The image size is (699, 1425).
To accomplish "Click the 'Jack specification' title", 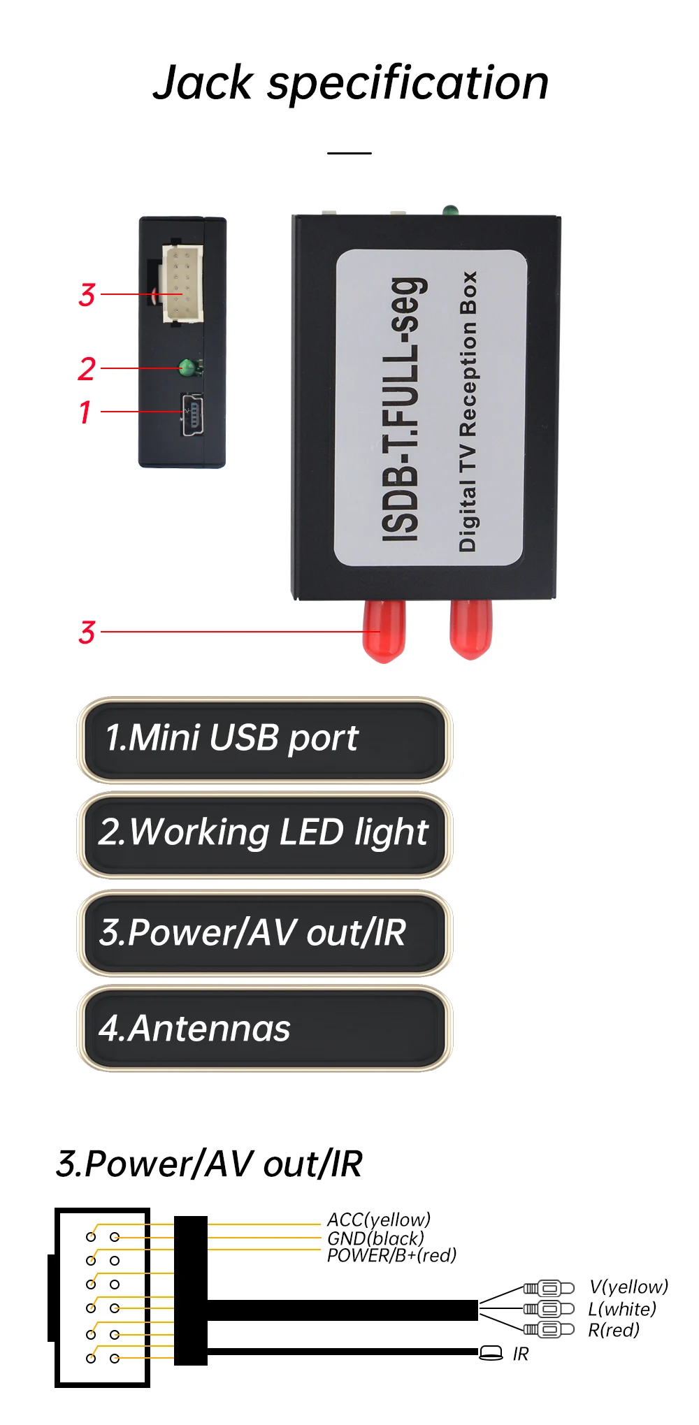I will [x=350, y=82].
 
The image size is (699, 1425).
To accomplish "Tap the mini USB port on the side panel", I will [x=192, y=414].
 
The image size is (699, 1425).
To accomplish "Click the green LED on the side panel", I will [x=187, y=366].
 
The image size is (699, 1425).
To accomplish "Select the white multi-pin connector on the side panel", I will [x=182, y=283].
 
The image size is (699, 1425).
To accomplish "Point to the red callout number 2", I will [x=86, y=369].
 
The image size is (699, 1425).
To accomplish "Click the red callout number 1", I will [x=85, y=412].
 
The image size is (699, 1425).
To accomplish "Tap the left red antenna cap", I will [x=384, y=630].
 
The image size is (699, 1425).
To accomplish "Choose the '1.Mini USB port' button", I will [x=264, y=739].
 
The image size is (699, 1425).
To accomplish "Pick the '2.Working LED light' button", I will [x=264, y=834].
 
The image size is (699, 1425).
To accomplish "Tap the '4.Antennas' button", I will [x=264, y=1028].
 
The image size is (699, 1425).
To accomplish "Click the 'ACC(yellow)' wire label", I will [x=379, y=1220].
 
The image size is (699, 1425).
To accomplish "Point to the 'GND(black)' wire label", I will [x=375, y=1238].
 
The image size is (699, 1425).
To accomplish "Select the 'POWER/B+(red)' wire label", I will [x=391, y=1255].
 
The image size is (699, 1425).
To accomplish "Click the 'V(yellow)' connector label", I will [x=628, y=1287].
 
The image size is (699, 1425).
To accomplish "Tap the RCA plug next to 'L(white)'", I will [x=549, y=1308].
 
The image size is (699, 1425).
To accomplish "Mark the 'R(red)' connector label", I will [x=614, y=1330].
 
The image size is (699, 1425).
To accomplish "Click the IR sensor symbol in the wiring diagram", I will [x=491, y=1354].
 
